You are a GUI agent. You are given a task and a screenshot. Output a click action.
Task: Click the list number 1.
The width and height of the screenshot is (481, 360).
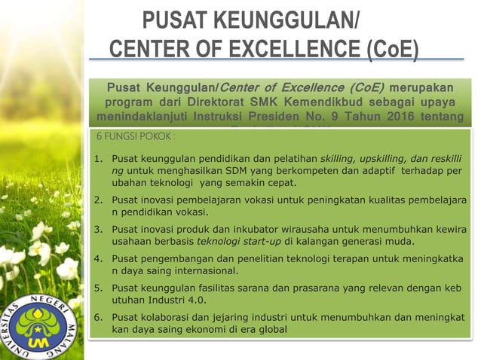point(98,159)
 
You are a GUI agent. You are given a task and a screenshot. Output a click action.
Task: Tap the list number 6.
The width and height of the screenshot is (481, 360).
point(98,317)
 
